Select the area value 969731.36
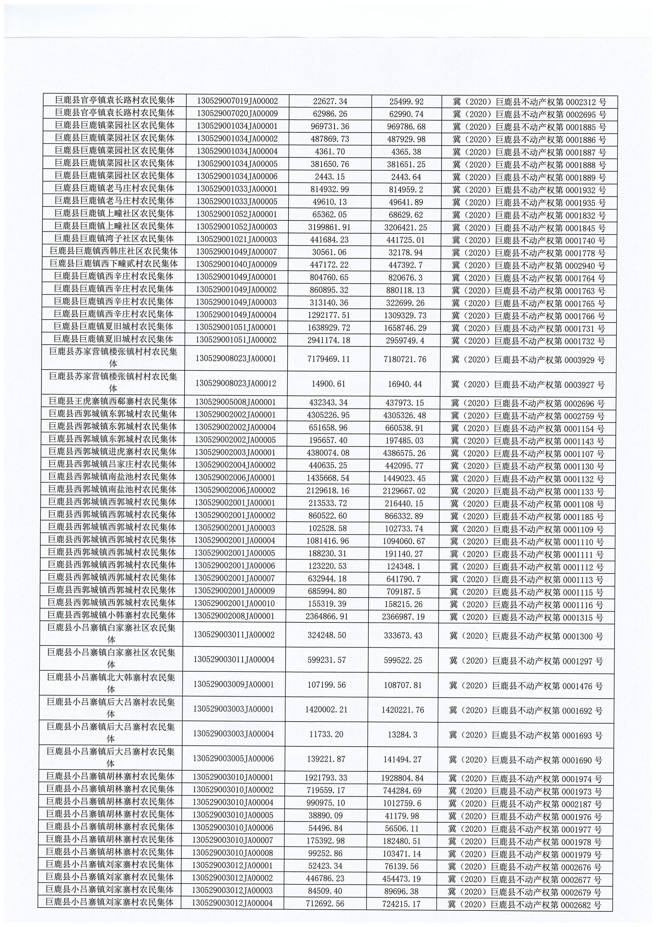(330, 126)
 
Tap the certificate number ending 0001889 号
(529, 177)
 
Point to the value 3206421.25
(405, 228)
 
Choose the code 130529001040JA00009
(236, 264)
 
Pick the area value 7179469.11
(328, 359)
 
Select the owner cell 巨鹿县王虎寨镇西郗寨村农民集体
(113, 401)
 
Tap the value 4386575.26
(404, 453)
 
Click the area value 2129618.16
(328, 491)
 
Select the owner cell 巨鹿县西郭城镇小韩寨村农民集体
(112, 615)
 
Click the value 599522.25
(403, 660)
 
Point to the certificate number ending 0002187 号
(525, 804)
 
